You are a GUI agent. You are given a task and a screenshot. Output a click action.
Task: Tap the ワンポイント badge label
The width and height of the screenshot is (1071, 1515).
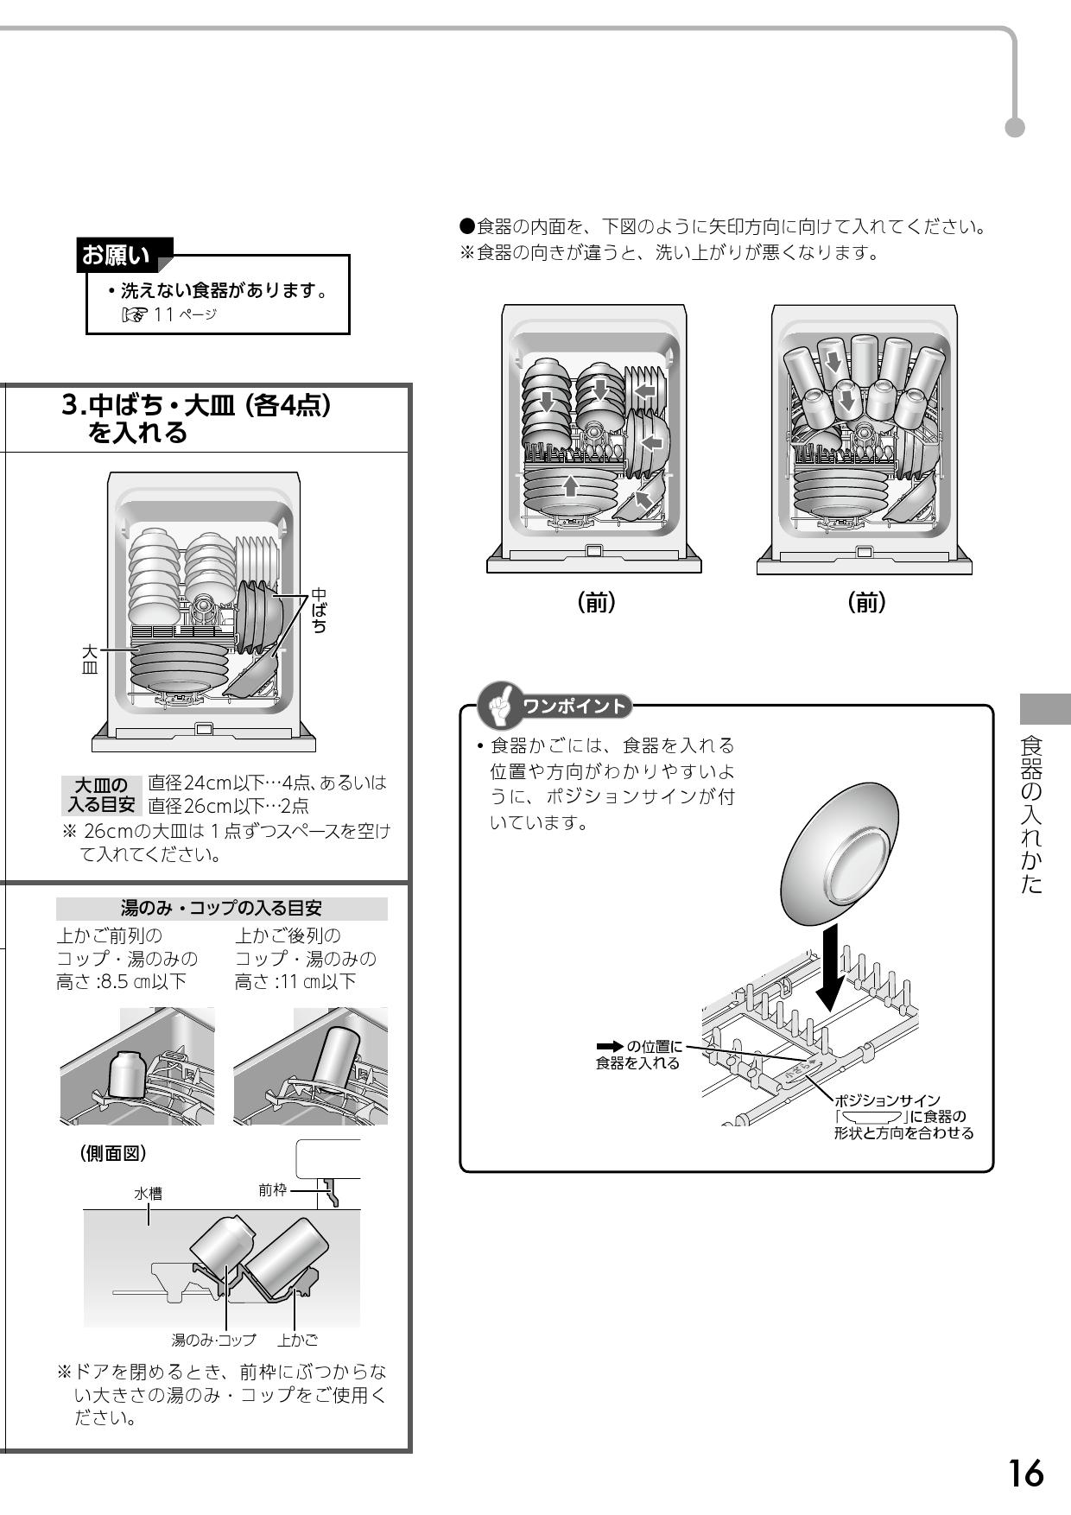[574, 707]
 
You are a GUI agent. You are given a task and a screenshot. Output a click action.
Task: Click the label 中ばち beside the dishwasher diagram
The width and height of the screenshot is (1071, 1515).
[319, 611]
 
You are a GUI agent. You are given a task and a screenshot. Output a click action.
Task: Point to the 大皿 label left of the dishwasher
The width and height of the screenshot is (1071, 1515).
[89, 658]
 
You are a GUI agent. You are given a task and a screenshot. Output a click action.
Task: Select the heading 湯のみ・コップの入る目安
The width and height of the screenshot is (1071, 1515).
[221, 909]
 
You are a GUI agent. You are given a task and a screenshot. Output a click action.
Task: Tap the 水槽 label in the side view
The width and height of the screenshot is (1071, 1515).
[148, 1193]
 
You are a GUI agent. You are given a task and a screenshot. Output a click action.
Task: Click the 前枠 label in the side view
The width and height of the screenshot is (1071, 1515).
[272, 1189]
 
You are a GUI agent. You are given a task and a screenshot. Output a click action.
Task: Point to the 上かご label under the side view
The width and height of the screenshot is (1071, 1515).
[297, 1341]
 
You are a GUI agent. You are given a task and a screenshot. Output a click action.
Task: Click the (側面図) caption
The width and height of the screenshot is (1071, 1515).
[113, 1153]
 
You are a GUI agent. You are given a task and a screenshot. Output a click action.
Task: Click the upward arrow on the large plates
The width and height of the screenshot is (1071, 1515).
[569, 485]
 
